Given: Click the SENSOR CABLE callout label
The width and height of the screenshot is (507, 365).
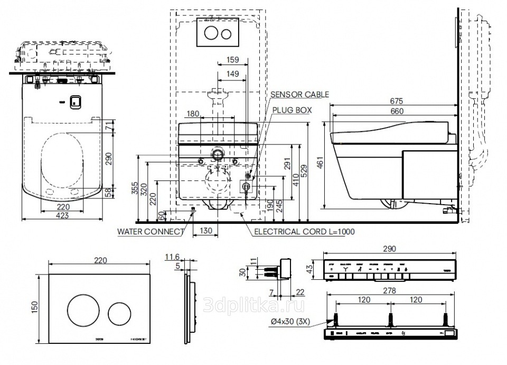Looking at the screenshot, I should pyautogui.click(x=299, y=95).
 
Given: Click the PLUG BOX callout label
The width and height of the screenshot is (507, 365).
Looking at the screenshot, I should pyautogui.click(x=292, y=110).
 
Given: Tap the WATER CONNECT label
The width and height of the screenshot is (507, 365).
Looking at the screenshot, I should pyautogui.click(x=151, y=231).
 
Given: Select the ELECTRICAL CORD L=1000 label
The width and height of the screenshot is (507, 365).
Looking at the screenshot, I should pyautogui.click(x=304, y=232).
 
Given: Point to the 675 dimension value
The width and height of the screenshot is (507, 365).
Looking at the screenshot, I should pyautogui.click(x=396, y=101).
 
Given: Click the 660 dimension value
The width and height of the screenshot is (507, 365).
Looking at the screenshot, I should pyautogui.click(x=396, y=111).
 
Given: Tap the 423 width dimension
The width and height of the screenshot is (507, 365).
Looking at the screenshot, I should pyautogui.click(x=62, y=215).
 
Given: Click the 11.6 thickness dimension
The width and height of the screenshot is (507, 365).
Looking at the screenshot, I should pyautogui.click(x=172, y=257).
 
